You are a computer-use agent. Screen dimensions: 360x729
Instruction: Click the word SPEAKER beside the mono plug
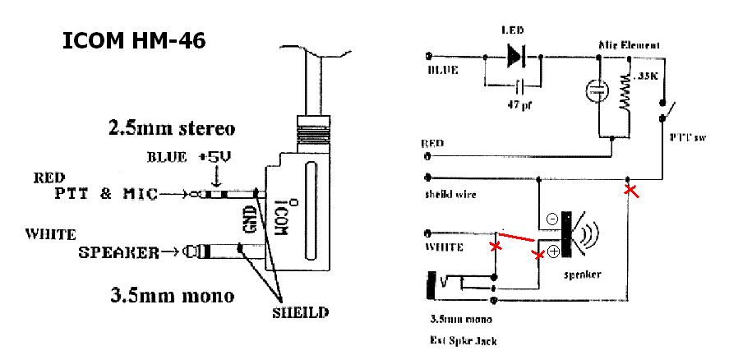[x=118, y=252]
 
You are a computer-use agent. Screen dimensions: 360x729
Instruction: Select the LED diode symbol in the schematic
[x=516, y=56]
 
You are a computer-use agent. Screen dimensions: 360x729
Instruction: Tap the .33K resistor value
[x=647, y=76]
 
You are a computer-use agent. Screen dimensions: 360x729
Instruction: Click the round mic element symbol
[x=593, y=91]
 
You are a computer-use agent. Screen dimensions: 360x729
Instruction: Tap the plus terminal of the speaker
[x=554, y=251]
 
